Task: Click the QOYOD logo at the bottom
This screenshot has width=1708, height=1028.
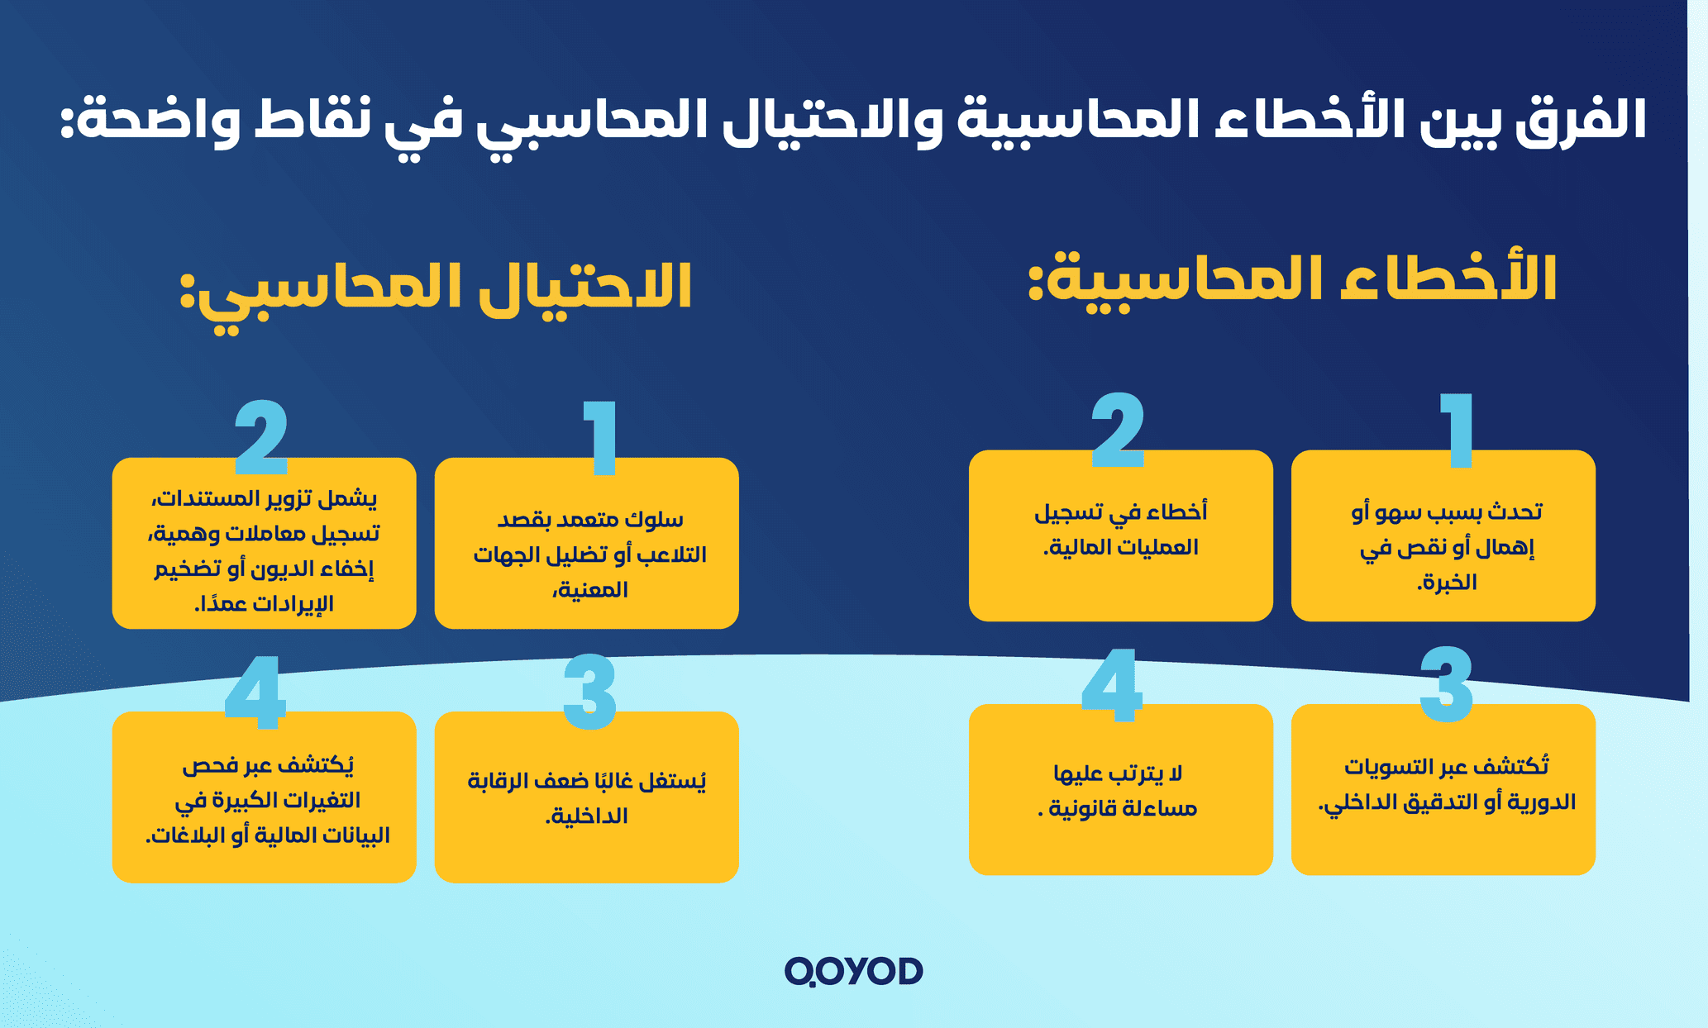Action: click(853, 972)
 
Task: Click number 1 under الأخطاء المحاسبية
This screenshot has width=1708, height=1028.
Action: click(1458, 430)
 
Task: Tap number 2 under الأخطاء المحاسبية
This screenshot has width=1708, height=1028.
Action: click(1118, 430)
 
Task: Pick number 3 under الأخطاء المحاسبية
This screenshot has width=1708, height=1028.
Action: click(1446, 684)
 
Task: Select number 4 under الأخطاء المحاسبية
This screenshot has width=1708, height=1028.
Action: click(1112, 684)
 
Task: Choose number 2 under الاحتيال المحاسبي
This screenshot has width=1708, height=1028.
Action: click(261, 438)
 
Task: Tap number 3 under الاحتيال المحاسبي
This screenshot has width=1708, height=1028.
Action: click(589, 692)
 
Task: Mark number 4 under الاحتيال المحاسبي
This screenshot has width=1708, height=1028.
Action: click(255, 692)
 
